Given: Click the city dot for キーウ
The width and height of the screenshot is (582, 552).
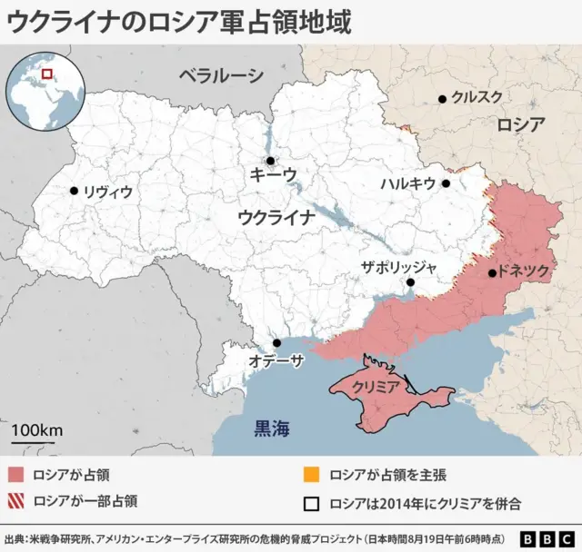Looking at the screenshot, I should coord(270,161).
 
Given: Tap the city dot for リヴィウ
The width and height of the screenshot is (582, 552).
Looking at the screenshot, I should coord(74,191).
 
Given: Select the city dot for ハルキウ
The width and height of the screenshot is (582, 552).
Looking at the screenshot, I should coord(446,183).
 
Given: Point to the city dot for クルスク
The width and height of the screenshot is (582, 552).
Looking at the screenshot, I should coord(442,99).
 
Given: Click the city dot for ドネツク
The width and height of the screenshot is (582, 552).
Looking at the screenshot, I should coord(492,272).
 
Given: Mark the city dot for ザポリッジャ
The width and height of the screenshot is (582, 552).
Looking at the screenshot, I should coord(411,282).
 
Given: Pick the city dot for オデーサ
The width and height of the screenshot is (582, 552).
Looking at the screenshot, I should coord(276,343).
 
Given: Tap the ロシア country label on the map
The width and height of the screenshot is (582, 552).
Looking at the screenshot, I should coord(521,125).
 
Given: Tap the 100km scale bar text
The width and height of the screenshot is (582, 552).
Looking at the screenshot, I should coord(37,429).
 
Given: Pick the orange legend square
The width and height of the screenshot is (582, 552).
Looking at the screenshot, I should coord(311,475).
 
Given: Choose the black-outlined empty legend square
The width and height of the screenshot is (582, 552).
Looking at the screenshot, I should coord(311,500).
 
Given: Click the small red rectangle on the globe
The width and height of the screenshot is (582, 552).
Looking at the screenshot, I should coord(47,72).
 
